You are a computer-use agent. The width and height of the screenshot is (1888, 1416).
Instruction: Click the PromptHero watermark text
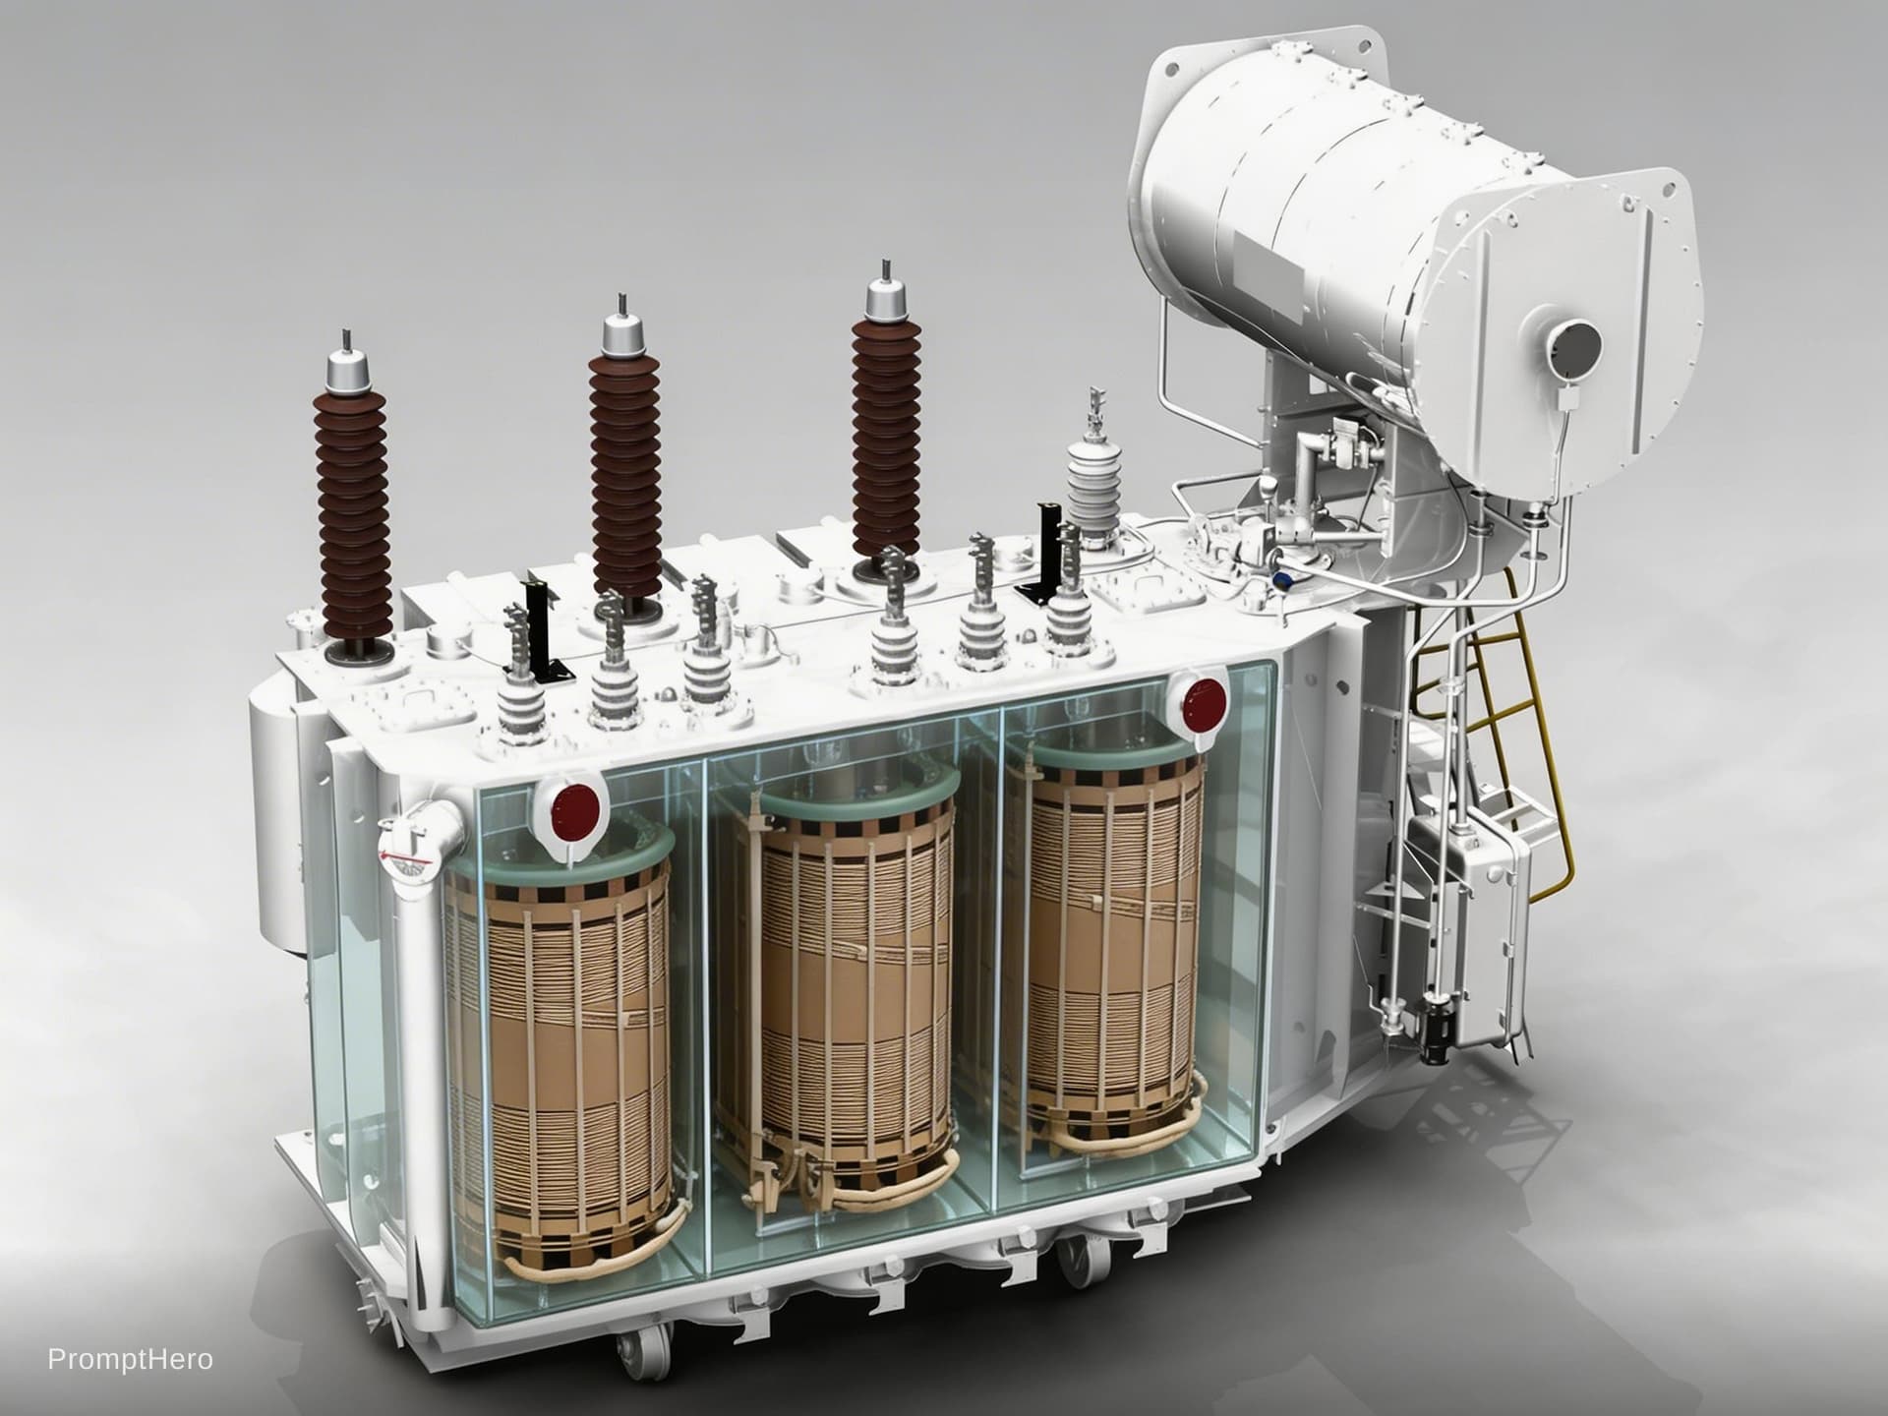click(131, 1360)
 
